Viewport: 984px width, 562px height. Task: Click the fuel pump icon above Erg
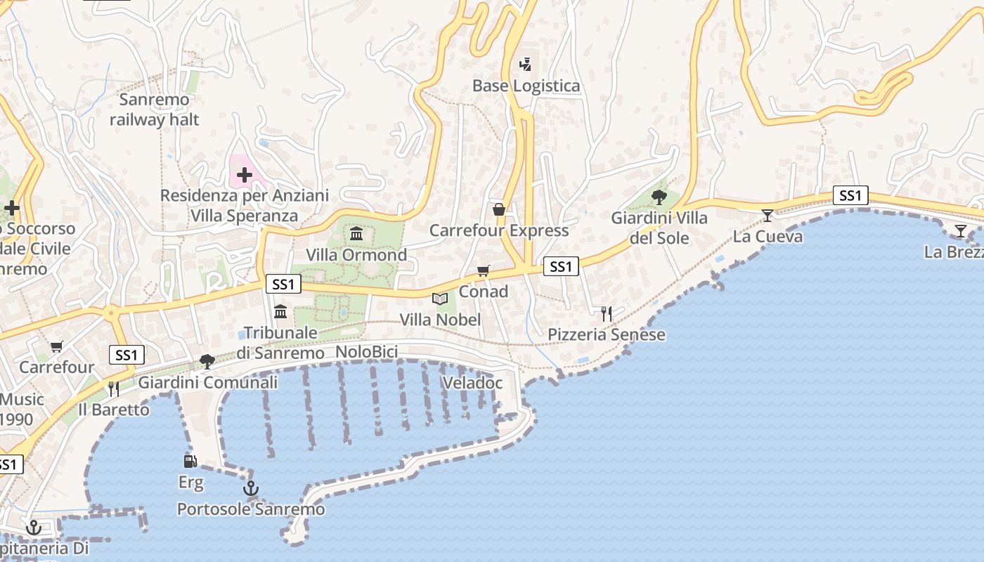click(x=190, y=461)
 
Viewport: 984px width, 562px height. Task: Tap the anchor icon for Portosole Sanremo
click(x=251, y=488)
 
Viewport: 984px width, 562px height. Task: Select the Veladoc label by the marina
click(x=472, y=383)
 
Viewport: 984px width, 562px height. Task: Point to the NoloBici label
click(x=367, y=352)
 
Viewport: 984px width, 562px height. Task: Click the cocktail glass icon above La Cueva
click(x=768, y=215)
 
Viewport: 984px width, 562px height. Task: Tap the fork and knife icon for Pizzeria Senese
click(x=607, y=313)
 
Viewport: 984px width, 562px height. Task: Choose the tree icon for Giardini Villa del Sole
click(x=659, y=197)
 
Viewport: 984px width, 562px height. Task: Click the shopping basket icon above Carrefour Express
click(x=499, y=209)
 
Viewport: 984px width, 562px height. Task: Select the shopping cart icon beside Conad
click(x=483, y=270)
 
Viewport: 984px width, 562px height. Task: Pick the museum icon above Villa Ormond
click(x=356, y=233)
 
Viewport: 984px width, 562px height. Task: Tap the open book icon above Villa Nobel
click(x=440, y=299)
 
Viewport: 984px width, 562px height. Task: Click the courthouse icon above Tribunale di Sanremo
click(x=280, y=311)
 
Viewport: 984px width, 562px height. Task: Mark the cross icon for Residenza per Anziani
click(x=244, y=174)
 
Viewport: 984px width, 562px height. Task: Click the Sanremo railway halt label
click(x=154, y=110)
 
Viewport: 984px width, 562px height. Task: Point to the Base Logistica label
click(x=526, y=86)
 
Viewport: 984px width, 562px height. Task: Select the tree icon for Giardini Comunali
click(x=207, y=362)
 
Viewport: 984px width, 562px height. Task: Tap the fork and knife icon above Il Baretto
click(x=113, y=388)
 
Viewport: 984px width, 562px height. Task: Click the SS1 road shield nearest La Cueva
click(x=850, y=195)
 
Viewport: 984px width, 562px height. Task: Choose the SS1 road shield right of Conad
click(x=561, y=266)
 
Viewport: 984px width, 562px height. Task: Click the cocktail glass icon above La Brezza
click(x=960, y=230)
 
